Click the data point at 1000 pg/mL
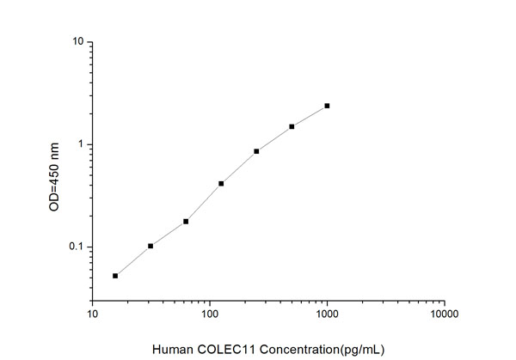point(327,106)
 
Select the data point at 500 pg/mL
point(292,126)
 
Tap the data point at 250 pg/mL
point(256,151)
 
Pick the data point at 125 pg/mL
point(221,183)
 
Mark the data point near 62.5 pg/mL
point(186,221)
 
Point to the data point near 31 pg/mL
point(150,246)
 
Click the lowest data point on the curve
point(115,276)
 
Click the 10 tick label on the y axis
point(78,42)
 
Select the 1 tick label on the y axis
point(80,144)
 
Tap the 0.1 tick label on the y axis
point(76,247)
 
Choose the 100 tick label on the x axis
point(210,314)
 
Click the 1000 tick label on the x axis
point(327,314)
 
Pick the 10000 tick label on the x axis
point(444,314)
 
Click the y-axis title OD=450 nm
point(54,178)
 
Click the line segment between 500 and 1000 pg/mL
point(310,116)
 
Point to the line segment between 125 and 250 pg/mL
point(239,167)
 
